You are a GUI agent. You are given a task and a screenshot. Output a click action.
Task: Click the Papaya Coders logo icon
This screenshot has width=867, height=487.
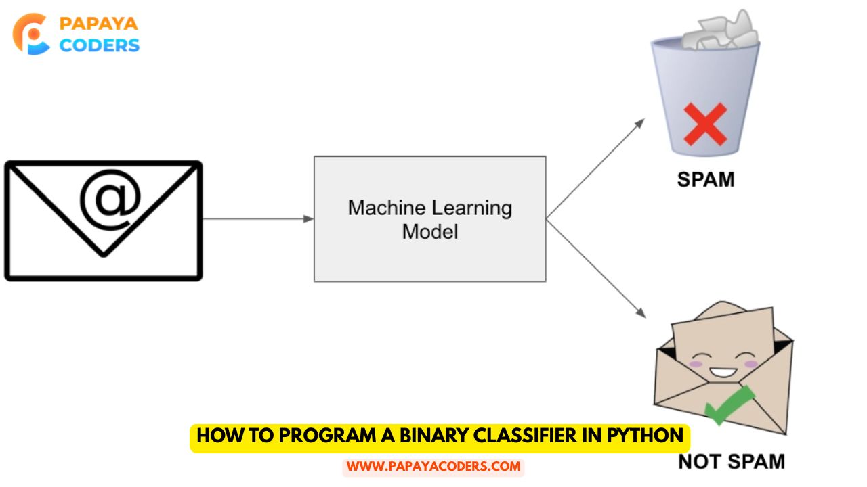pos(31,34)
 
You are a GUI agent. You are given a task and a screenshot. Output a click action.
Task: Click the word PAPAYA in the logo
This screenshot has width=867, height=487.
pos(99,24)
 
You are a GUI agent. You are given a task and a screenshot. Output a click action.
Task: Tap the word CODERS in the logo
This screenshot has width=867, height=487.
pos(99,45)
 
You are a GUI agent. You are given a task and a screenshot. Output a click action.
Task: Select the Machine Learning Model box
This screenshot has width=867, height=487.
pos(429,218)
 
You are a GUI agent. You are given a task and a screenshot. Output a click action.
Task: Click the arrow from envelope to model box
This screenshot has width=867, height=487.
pos(257,218)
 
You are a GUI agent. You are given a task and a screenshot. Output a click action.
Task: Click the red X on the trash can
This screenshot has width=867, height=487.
pos(705,124)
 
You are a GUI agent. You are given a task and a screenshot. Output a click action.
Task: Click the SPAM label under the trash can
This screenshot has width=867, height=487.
pos(706,180)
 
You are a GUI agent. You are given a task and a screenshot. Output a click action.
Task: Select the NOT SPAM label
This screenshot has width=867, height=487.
pos(732,462)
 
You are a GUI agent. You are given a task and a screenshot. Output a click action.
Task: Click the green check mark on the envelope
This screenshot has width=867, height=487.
pos(729,404)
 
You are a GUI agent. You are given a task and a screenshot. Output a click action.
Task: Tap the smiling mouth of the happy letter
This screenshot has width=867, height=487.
pos(721,370)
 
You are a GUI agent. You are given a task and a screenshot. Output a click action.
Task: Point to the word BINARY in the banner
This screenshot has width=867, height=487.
pos(424,436)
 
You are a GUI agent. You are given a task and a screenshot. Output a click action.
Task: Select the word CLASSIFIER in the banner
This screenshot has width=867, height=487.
pos(530,436)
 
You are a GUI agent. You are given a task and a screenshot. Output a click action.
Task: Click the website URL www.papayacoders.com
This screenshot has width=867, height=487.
pos(433,467)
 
